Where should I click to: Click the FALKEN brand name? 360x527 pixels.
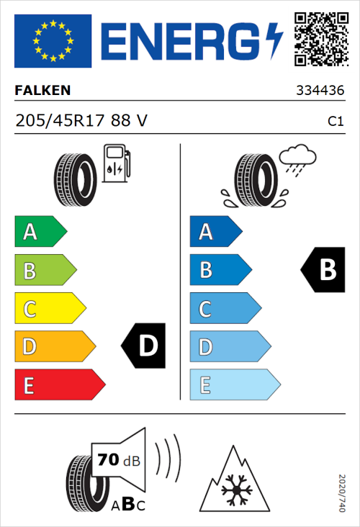click(44, 91)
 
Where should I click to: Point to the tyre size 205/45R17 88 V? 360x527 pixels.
click(81, 122)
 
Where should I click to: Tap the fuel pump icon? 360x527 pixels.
click(116, 163)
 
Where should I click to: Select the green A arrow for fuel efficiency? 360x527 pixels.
click(40, 232)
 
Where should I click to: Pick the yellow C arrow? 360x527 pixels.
click(49, 308)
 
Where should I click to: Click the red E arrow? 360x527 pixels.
click(59, 385)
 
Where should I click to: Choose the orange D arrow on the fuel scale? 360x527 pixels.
click(54, 346)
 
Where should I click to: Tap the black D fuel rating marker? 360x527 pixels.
click(144, 346)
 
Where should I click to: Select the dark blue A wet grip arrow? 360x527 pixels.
click(215, 232)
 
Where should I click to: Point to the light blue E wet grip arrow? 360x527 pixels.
click(234, 385)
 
